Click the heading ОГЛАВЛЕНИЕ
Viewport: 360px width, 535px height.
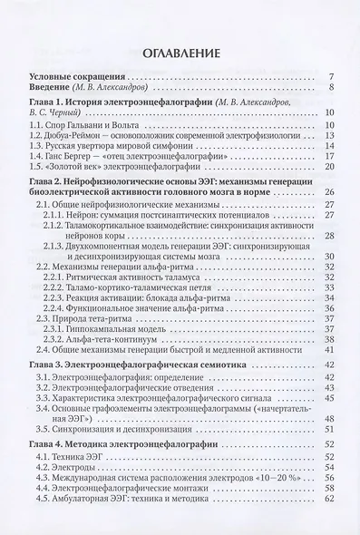180,49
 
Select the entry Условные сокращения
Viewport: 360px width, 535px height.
76,75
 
